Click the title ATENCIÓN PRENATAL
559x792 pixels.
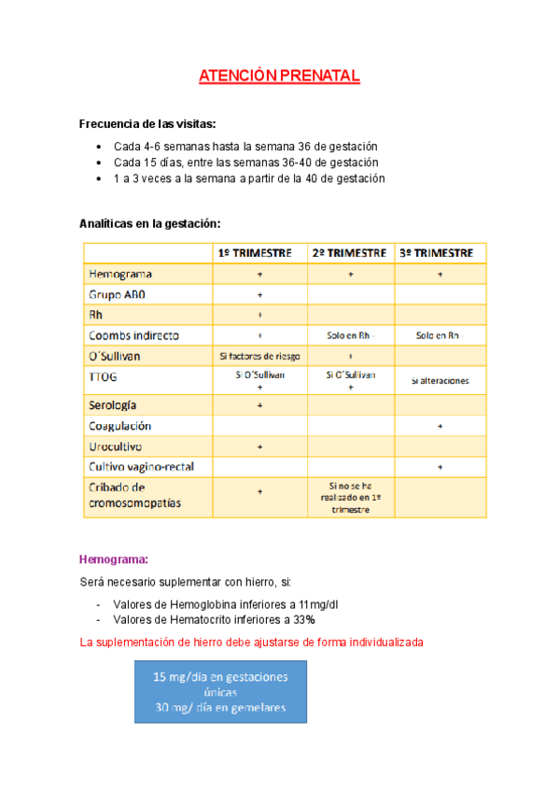[279, 77]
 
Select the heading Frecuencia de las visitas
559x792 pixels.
[147, 124]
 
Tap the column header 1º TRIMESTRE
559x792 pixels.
[260, 253]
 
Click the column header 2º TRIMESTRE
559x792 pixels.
[350, 253]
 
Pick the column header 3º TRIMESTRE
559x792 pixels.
[439, 253]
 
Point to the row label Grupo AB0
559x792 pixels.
[117, 294]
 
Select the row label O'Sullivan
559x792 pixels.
[119, 356]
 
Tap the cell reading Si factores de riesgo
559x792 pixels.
[259, 356]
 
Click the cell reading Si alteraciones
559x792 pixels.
[440, 380]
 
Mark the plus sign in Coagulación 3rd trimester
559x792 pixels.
[440, 426]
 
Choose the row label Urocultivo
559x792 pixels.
[116, 446]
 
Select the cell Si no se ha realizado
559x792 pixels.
[350, 498]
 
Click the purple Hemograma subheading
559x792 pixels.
[114, 560]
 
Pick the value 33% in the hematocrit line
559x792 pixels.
[303, 620]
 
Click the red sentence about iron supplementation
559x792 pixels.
[252, 643]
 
